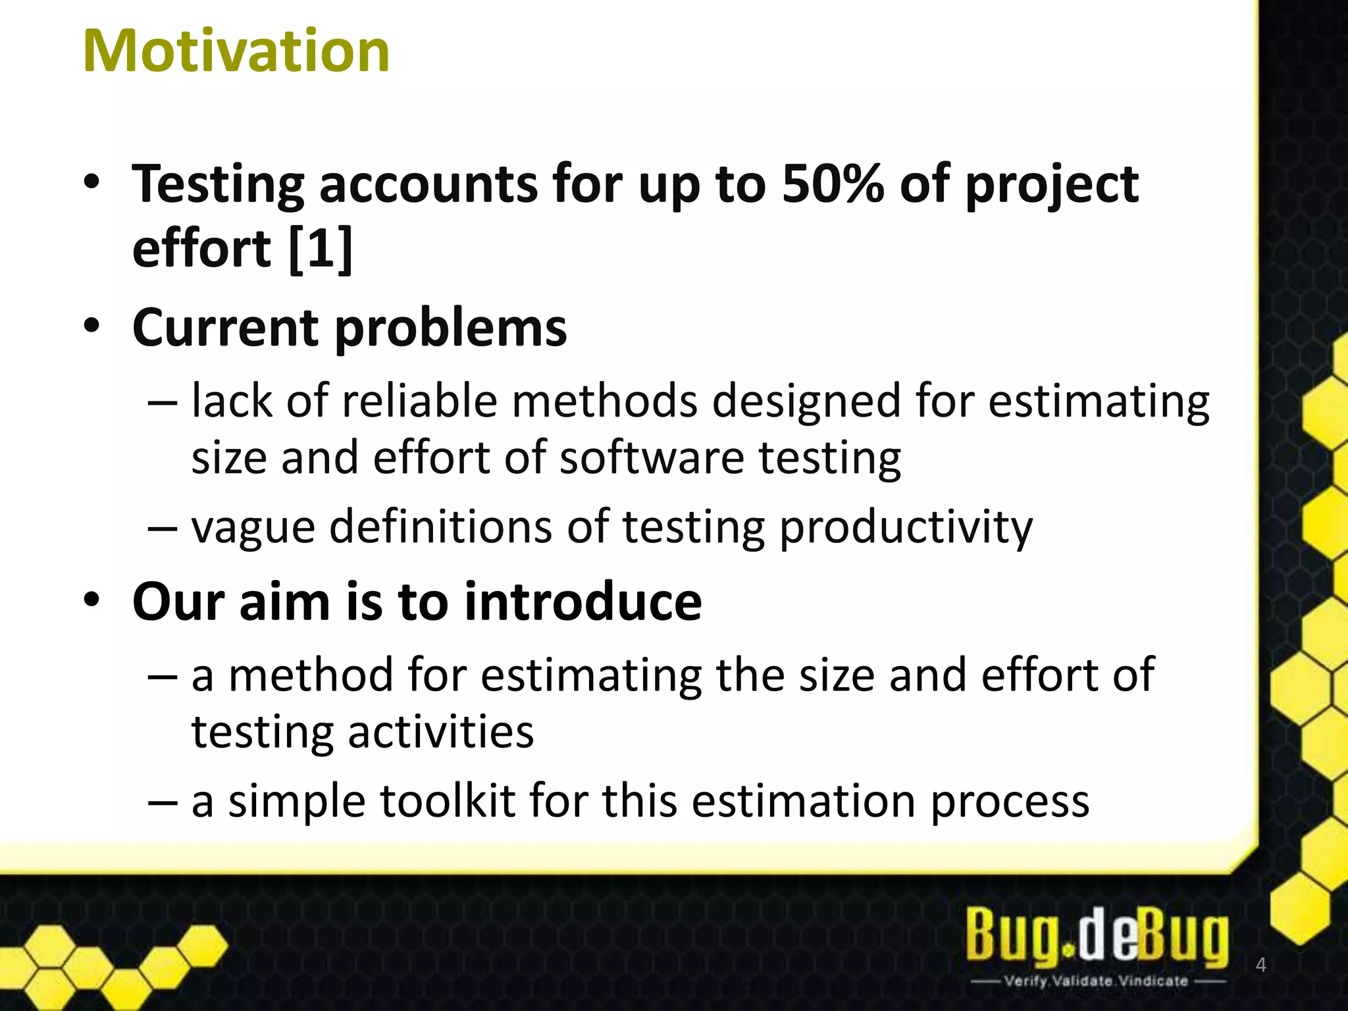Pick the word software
click(651, 457)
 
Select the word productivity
click(906, 529)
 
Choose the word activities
click(440, 732)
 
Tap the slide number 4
click(1260, 965)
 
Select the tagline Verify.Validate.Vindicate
click(1096, 981)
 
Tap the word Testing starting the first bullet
click(218, 185)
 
